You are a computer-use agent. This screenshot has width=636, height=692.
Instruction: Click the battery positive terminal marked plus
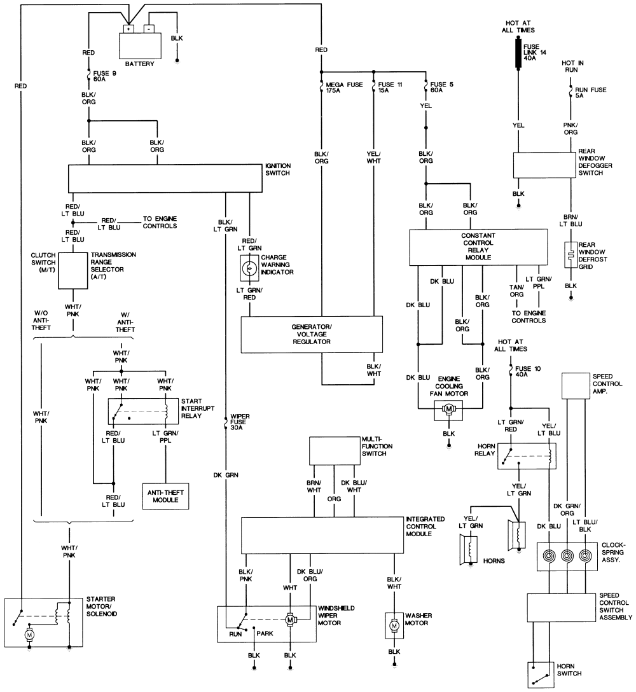[x=128, y=29]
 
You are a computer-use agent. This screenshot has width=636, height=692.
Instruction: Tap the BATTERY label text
[x=140, y=64]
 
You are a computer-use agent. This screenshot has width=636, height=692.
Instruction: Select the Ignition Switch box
[x=165, y=179]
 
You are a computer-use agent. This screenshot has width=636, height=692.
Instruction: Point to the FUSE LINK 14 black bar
[x=517, y=52]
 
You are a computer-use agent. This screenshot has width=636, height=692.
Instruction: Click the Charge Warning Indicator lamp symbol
[x=249, y=268]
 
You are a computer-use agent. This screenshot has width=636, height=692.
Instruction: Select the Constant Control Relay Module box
[x=478, y=247]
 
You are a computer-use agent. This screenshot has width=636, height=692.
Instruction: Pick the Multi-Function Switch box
[x=333, y=451]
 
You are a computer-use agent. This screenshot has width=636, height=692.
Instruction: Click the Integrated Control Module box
[x=322, y=535]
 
